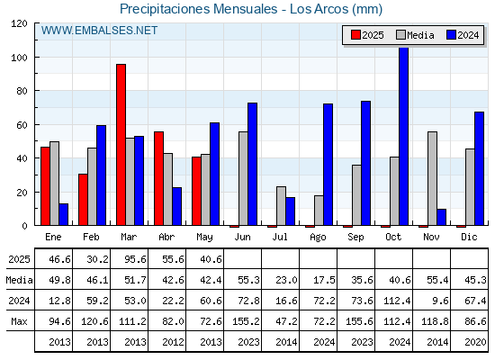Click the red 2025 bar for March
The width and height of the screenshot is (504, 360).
121,145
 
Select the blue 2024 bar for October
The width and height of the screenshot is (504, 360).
403,136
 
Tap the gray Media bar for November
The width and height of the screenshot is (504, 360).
432,178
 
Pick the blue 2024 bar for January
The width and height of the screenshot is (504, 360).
63,214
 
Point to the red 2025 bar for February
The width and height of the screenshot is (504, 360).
83,200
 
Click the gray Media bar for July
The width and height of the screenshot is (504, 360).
281,206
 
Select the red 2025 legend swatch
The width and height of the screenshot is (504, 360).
355,35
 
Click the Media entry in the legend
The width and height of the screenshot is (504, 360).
415,35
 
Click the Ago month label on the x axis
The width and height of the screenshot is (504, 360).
318,238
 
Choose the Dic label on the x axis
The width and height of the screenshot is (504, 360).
469,237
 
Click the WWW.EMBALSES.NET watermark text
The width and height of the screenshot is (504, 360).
99,31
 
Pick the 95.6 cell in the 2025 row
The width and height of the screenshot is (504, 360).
135,259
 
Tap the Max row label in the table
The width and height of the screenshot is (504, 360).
19,321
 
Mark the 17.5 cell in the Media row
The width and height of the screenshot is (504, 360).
324,280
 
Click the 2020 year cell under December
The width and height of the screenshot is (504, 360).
475,342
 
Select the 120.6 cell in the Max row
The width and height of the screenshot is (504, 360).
94,321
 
